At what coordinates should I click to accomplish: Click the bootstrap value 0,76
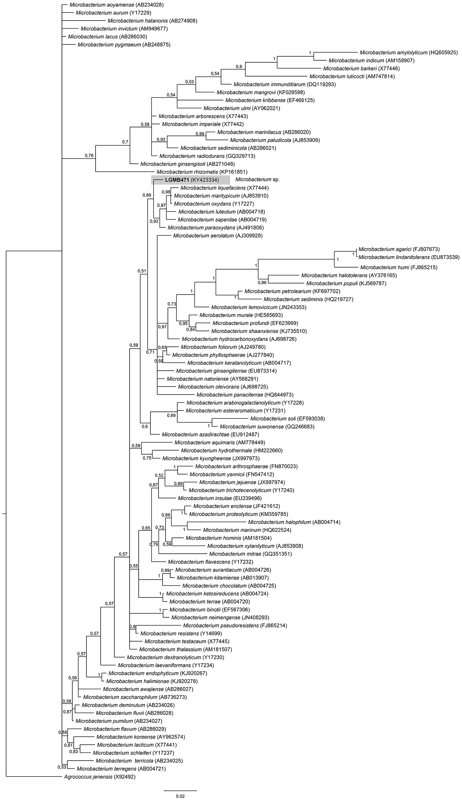89,156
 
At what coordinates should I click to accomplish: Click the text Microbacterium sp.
257,180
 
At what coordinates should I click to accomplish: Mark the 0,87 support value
67,712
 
